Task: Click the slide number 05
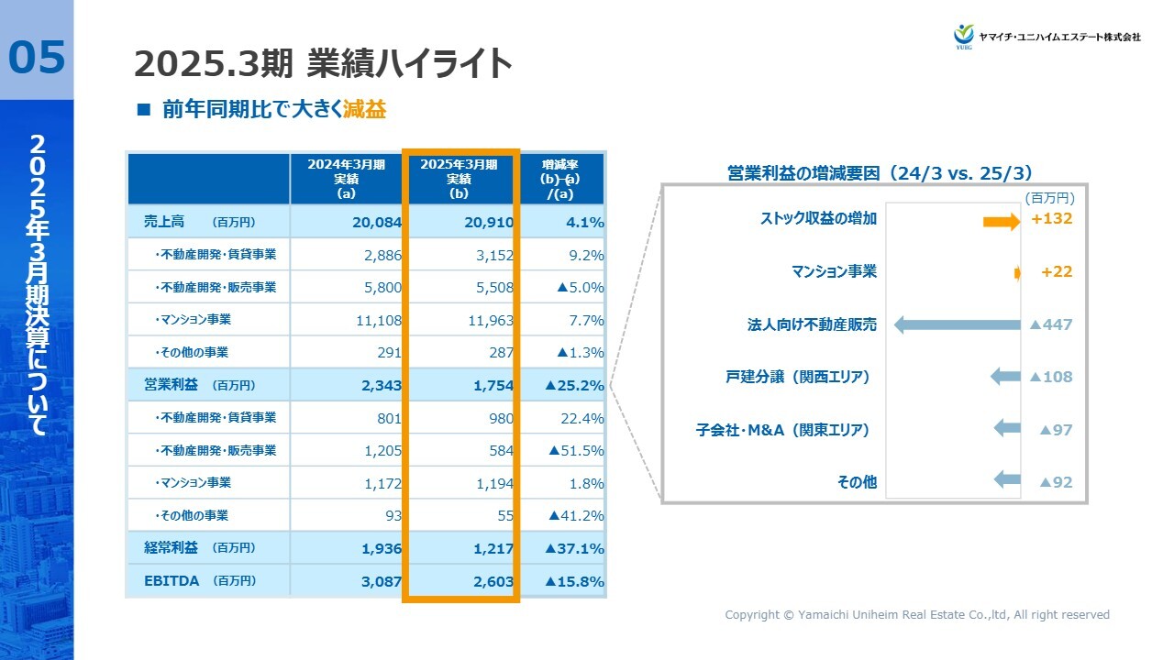tap(38, 57)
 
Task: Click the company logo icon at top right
tap(963, 35)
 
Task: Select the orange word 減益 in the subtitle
tap(365, 110)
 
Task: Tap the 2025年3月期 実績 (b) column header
tap(459, 179)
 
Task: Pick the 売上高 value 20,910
tap(484, 222)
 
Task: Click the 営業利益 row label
tap(172, 385)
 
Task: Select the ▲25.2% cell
tap(574, 386)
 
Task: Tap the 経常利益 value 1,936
tap(376, 548)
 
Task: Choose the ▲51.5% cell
tap(576, 451)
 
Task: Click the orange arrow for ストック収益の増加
tap(1001, 221)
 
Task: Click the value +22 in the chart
tap(1057, 272)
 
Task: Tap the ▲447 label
tap(1051, 324)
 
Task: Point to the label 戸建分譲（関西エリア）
tap(797, 377)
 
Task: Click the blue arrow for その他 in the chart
tap(1007, 479)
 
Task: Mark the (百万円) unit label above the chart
tap(1049, 197)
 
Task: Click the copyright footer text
tap(917, 615)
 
